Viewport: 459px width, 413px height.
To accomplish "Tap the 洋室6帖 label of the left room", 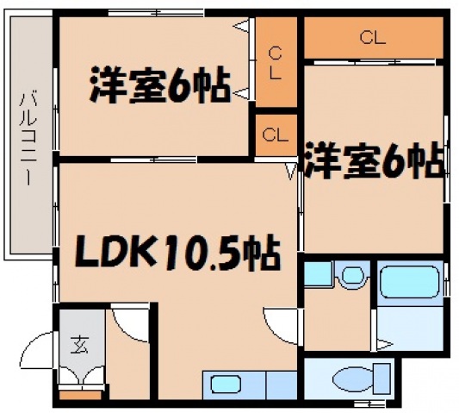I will pos(159,85).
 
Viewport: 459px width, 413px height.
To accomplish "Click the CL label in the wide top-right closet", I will pos(372,37).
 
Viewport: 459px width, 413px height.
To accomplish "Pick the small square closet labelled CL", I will pos(274,135).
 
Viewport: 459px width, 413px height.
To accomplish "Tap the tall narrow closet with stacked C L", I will pos(274,63).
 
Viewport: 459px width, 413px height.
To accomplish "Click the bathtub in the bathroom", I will pos(410,280).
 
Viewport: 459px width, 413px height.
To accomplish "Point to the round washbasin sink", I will pos(351,277).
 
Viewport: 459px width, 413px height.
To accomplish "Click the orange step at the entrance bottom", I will pos(78,395).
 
